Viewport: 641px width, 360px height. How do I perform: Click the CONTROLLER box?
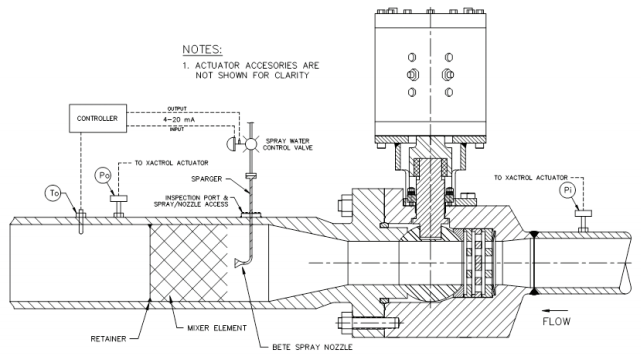pyautogui.click(x=98, y=118)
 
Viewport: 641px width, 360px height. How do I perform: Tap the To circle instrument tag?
pyautogui.click(x=54, y=193)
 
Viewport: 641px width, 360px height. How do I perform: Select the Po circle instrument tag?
pyautogui.click(x=103, y=175)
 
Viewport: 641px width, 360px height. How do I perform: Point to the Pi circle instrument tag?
pyautogui.click(x=567, y=190)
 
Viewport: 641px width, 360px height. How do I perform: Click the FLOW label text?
pyautogui.click(x=556, y=322)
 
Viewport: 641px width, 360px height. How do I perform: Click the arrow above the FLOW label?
pyautogui.click(x=557, y=311)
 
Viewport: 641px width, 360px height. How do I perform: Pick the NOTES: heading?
pyautogui.click(x=202, y=49)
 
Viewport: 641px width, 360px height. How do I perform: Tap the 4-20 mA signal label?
pyautogui.click(x=179, y=119)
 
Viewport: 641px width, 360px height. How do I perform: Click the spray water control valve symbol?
pyautogui.click(x=250, y=143)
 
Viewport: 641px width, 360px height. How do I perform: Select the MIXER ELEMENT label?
pyautogui.click(x=217, y=328)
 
